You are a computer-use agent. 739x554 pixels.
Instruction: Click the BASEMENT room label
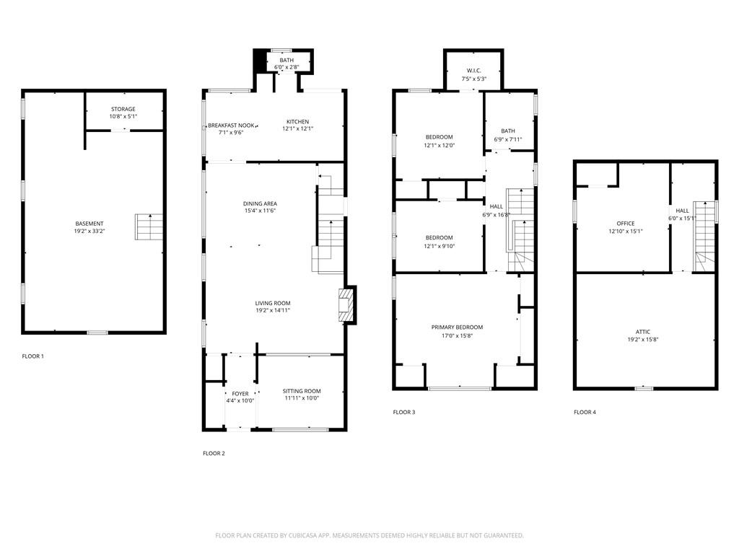(x=89, y=224)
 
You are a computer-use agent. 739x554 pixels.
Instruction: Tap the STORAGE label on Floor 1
(x=123, y=110)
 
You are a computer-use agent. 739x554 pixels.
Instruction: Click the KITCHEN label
(x=298, y=122)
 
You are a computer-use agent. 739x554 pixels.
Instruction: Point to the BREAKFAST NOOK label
(x=231, y=126)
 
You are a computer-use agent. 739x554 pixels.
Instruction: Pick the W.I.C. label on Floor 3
(x=474, y=71)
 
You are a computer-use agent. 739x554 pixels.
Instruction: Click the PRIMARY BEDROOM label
(x=457, y=327)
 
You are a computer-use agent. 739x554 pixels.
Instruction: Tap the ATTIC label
(x=643, y=332)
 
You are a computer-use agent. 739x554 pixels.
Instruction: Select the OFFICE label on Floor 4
(x=626, y=224)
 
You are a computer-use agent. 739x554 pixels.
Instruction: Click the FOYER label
(x=240, y=394)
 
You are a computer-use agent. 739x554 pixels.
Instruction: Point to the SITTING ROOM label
(x=302, y=391)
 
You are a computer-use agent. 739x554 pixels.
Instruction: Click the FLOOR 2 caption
(x=214, y=454)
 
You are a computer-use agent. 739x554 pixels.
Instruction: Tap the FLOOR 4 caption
(x=585, y=412)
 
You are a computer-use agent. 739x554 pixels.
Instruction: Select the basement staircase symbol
(x=149, y=227)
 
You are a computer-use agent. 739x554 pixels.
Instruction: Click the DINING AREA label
(x=260, y=204)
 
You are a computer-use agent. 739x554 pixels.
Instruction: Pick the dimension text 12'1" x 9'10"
(x=440, y=247)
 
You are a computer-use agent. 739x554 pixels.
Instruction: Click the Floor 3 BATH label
(x=508, y=131)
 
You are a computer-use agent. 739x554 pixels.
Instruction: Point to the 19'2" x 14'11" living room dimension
(x=273, y=310)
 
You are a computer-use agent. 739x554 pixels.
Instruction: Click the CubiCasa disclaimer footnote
(x=369, y=536)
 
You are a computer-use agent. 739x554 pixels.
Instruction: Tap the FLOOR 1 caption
(x=33, y=356)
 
